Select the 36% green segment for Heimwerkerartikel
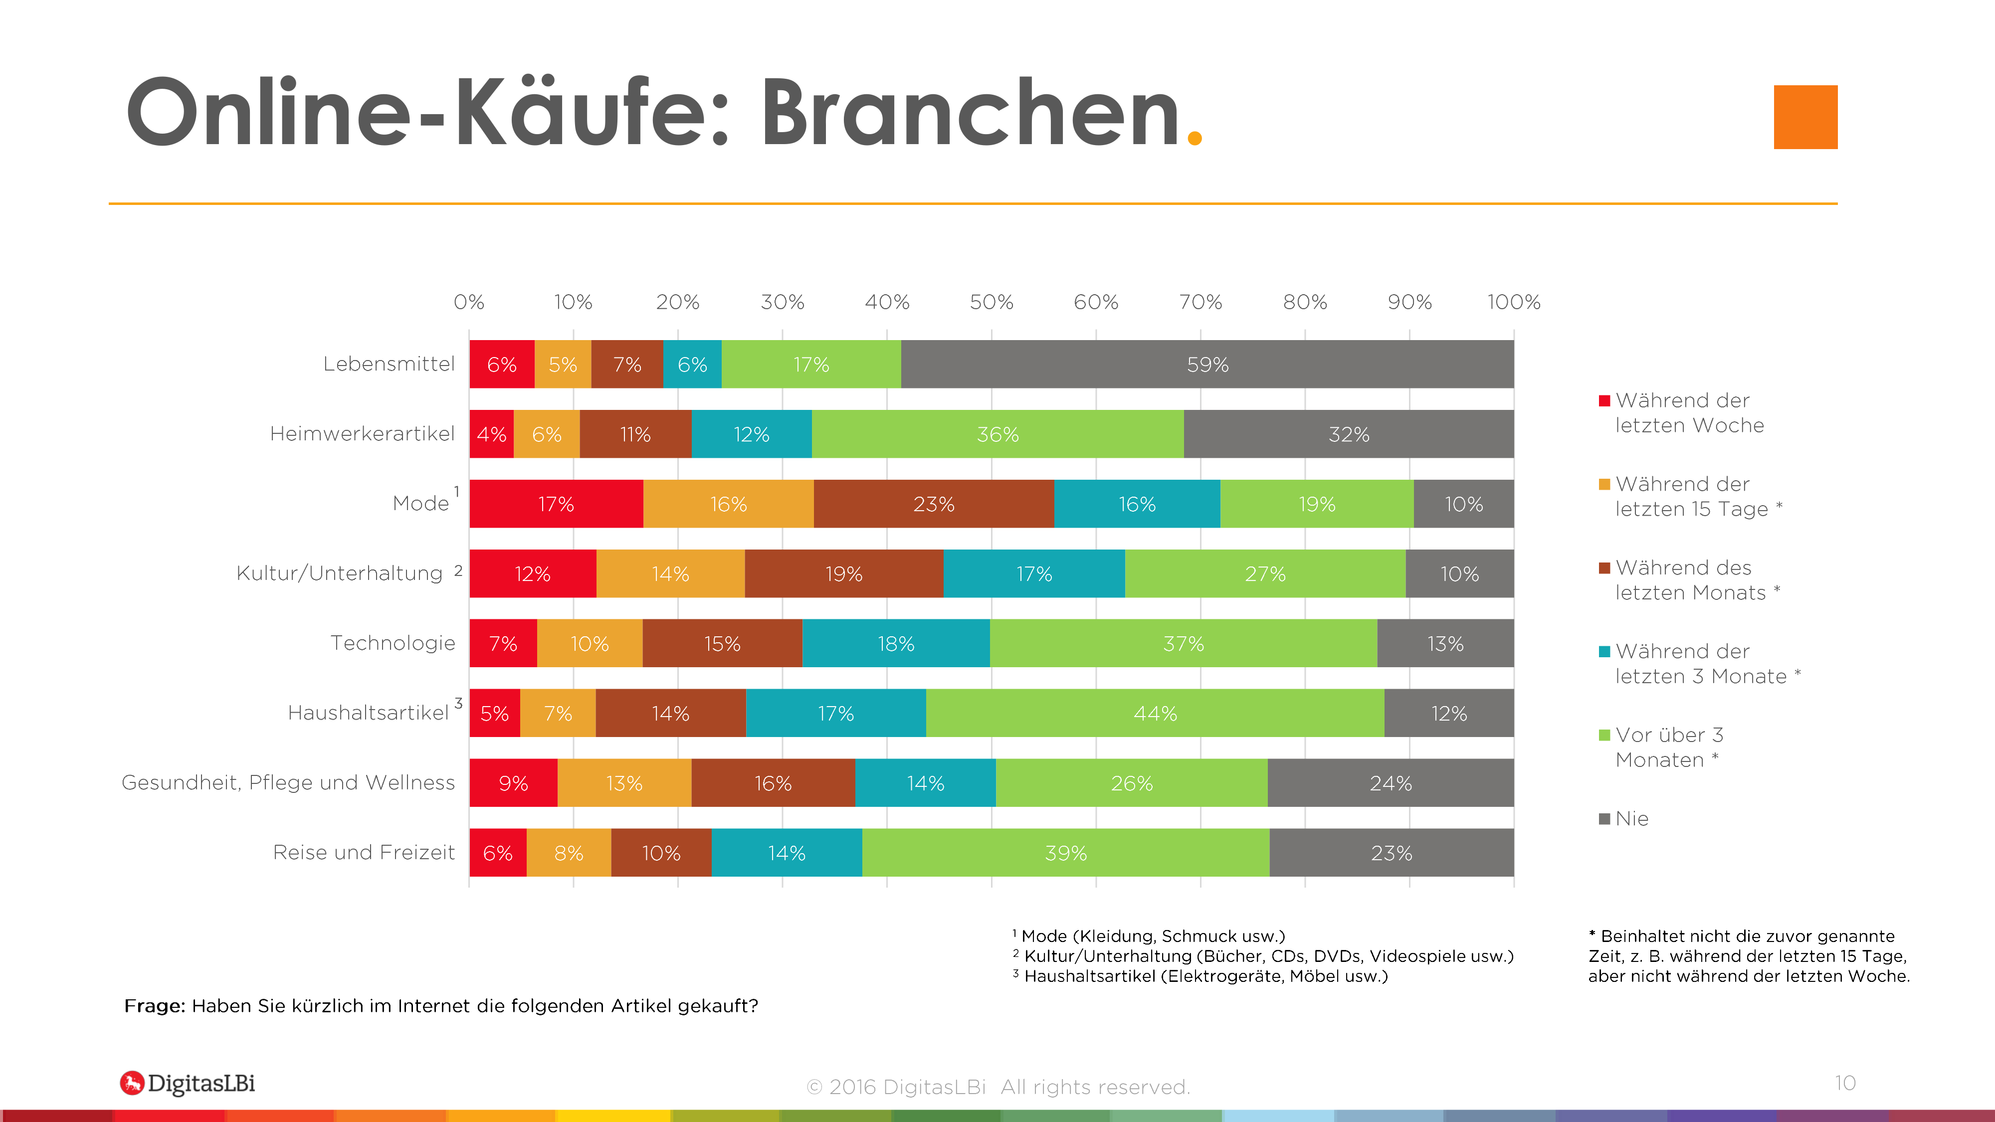[x=997, y=434]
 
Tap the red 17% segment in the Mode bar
[x=556, y=504]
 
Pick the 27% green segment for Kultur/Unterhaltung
[x=1265, y=574]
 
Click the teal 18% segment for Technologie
[x=896, y=643]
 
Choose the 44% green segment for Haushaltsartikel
[x=1155, y=713]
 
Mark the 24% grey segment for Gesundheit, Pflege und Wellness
[x=1390, y=783]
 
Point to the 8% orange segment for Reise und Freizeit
[x=569, y=853]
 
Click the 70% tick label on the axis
[x=1200, y=302]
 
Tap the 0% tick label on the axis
[x=468, y=302]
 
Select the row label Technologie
[x=393, y=643]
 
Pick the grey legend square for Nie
[x=1604, y=818]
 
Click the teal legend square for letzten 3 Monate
[x=1604, y=651]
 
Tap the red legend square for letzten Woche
[x=1604, y=400]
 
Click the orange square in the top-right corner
[x=1805, y=117]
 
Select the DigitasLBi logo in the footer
[x=188, y=1083]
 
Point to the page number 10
[x=1845, y=1083]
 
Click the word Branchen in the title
[x=970, y=113]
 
